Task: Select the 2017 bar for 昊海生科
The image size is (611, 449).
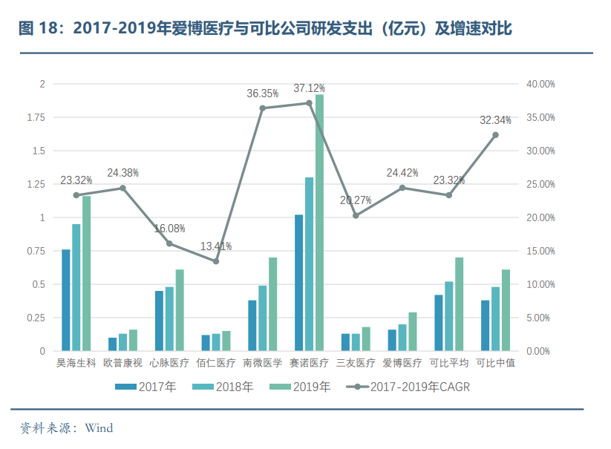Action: pyautogui.click(x=66, y=300)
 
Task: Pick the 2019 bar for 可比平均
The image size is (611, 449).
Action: pyautogui.click(x=459, y=304)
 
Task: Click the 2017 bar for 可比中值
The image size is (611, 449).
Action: pyautogui.click(x=485, y=325)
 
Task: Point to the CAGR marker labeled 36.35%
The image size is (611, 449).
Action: pyautogui.click(x=263, y=108)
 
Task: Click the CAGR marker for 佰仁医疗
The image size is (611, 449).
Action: pyautogui.click(x=216, y=261)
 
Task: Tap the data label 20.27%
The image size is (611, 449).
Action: pyautogui.click(x=356, y=200)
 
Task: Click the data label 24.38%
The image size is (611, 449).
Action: pyautogui.click(x=122, y=173)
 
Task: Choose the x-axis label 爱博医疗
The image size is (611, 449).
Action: pyautogui.click(x=402, y=364)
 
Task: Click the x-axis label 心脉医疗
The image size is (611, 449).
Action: pyautogui.click(x=169, y=364)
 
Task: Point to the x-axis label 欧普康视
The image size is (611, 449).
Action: pyautogui.click(x=122, y=364)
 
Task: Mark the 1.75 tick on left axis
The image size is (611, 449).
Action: pyautogui.click(x=37, y=117)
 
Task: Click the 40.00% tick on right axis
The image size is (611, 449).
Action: pyautogui.click(x=540, y=84)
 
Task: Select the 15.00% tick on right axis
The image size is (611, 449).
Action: pyautogui.click(x=540, y=251)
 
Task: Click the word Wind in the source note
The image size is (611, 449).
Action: pyautogui.click(x=99, y=428)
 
